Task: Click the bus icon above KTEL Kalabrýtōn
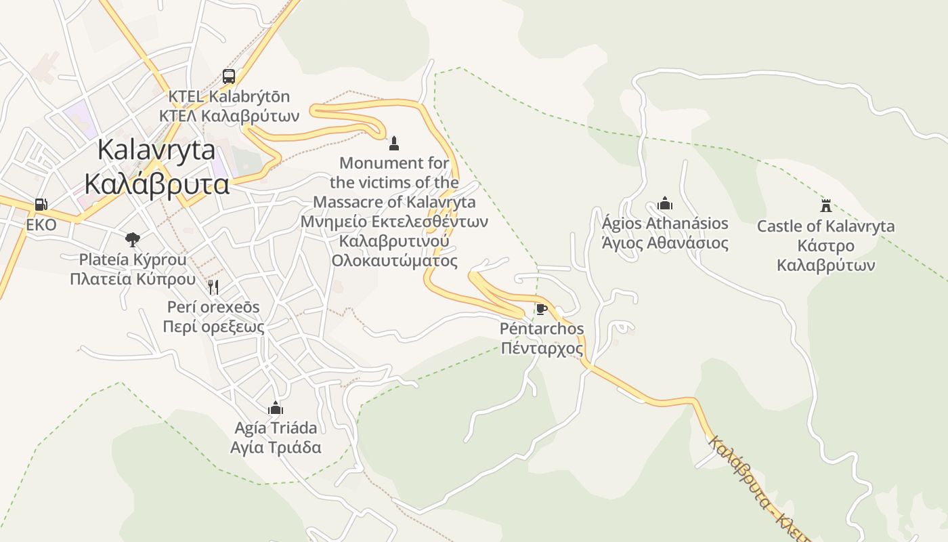coord(229,76)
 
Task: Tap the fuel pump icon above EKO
coord(41,204)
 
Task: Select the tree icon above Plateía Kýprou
coord(133,238)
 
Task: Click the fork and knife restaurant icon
coord(213,287)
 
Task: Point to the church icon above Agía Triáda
coord(275,407)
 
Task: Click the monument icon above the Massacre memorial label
coord(394,143)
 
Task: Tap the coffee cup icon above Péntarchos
coord(541,309)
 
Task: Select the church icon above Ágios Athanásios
coord(665,203)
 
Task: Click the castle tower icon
coord(825,205)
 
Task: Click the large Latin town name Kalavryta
coord(156,150)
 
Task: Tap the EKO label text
coord(41,225)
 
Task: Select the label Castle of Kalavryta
coord(825,226)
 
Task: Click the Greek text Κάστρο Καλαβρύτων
coord(825,255)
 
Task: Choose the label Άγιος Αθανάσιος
coord(665,244)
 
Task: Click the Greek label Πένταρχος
coord(542,349)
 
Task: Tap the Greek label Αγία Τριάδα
coord(276,448)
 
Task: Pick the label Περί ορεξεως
coord(213,327)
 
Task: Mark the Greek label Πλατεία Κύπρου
coord(133,279)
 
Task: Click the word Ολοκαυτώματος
coord(394,261)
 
